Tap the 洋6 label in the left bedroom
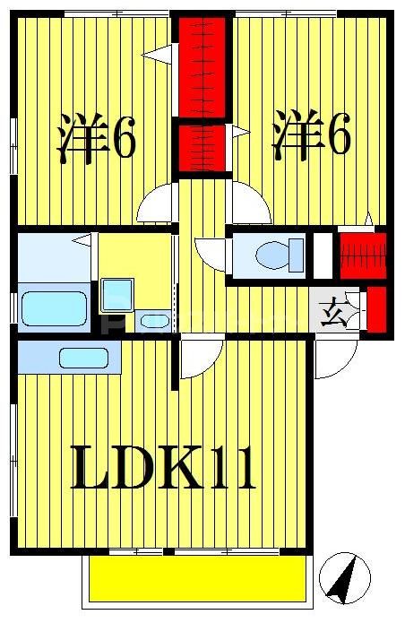tap(97, 136)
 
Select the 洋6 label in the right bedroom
tap(311, 136)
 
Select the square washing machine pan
tap(116, 295)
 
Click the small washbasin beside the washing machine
tap(149, 320)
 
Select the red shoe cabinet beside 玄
tap(376, 307)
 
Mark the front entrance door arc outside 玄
tap(335, 359)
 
